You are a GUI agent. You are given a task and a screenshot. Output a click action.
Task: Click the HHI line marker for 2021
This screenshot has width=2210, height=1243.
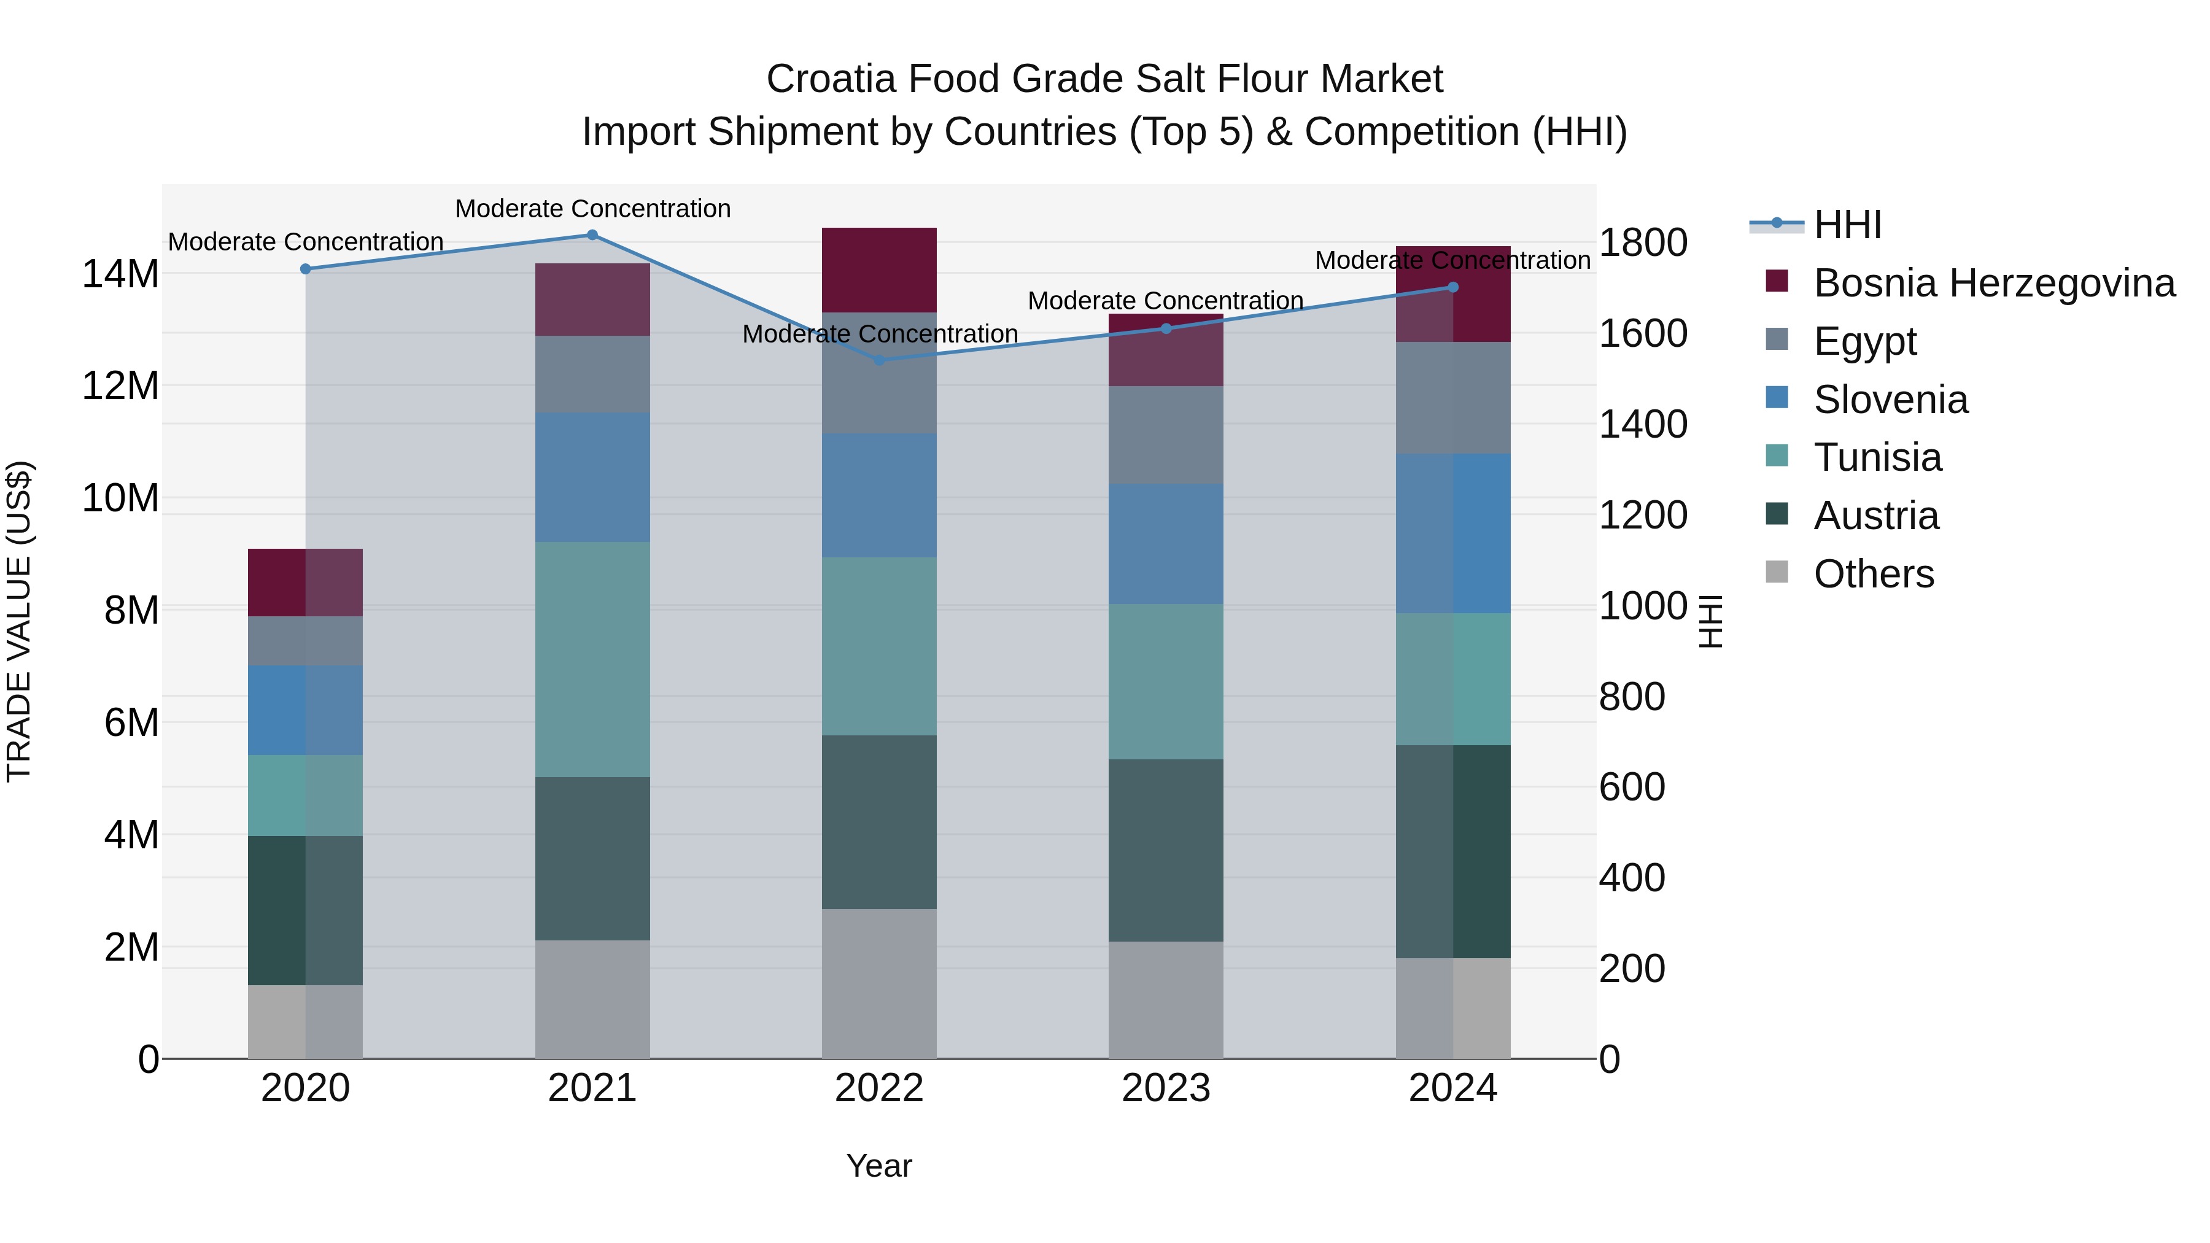pyautogui.click(x=592, y=235)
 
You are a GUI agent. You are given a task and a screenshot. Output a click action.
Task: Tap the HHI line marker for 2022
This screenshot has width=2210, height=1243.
pyautogui.click(x=878, y=360)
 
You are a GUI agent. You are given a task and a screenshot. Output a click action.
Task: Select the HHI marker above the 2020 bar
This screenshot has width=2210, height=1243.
pyautogui.click(x=306, y=269)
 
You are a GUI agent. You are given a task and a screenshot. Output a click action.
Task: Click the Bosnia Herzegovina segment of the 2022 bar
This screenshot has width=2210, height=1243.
pyautogui.click(x=878, y=269)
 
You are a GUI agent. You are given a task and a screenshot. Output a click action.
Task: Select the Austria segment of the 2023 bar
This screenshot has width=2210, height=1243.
pyautogui.click(x=1165, y=850)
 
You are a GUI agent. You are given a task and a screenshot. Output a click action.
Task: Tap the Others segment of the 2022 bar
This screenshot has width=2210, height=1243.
pyautogui.click(x=878, y=983)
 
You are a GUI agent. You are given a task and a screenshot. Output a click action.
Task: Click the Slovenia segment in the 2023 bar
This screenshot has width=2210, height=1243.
pyautogui.click(x=1165, y=543)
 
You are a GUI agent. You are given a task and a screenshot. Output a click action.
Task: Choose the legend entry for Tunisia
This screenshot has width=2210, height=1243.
pyautogui.click(x=1877, y=457)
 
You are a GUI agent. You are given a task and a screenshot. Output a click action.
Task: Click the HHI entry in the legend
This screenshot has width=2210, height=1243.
pyautogui.click(x=1847, y=225)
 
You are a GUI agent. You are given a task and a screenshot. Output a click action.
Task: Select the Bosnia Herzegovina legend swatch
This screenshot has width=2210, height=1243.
pyautogui.click(x=1777, y=281)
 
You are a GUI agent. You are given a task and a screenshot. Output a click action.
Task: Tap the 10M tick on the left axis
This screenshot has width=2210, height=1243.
pyautogui.click(x=120, y=498)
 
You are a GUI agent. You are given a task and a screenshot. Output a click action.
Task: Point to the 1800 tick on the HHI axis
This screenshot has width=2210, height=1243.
pyautogui.click(x=1643, y=242)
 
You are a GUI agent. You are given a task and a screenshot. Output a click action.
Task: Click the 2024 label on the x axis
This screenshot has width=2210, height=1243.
pyautogui.click(x=1452, y=1088)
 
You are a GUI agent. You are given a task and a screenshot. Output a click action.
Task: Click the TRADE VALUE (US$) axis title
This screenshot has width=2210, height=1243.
pyautogui.click(x=19, y=621)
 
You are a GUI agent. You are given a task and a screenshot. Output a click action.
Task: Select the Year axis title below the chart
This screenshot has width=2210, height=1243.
pyautogui.click(x=878, y=1166)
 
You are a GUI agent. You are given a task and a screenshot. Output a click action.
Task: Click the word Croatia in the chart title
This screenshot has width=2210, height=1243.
pyautogui.click(x=831, y=79)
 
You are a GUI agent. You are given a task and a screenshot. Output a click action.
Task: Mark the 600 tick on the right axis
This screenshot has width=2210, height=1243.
pyautogui.click(x=1632, y=787)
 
